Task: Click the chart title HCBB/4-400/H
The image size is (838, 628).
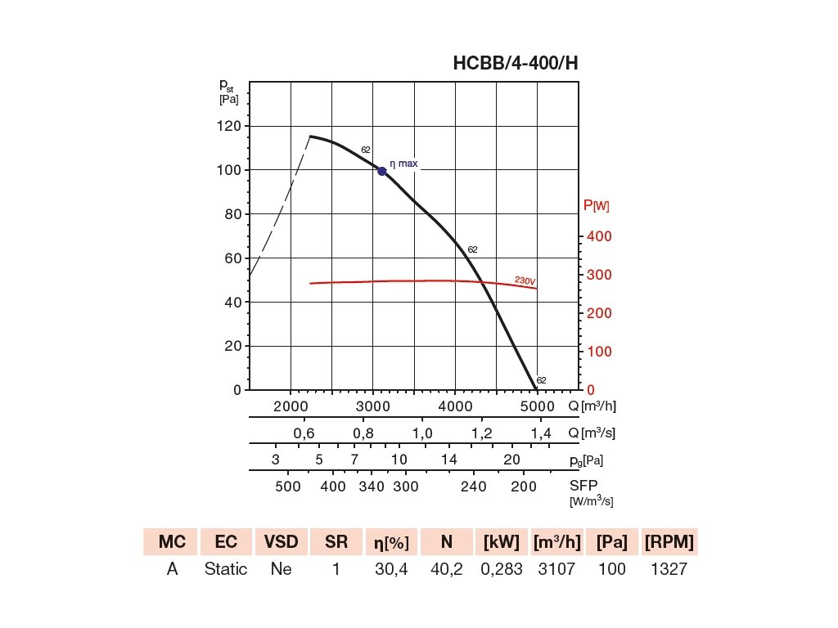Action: coord(516,64)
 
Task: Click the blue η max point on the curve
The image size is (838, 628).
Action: coord(382,171)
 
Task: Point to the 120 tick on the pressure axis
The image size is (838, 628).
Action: coord(231,126)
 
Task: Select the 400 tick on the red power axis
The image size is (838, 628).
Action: coord(599,236)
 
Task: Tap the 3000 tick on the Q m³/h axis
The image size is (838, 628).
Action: coord(373,406)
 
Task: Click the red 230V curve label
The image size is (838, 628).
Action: coord(525,280)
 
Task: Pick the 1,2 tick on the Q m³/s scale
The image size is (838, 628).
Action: coord(482,433)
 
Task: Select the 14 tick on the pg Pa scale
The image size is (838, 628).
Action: coord(448,460)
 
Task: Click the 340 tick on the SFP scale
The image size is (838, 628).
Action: coord(372,487)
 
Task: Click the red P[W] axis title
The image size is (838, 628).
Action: coord(596,206)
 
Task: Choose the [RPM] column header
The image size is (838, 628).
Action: coord(669,541)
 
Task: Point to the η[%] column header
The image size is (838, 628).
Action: coord(392,541)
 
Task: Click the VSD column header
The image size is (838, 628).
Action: coord(282,541)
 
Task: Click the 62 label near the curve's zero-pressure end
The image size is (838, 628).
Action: coord(542,380)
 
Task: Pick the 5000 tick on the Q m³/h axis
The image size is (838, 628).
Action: coord(537,406)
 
